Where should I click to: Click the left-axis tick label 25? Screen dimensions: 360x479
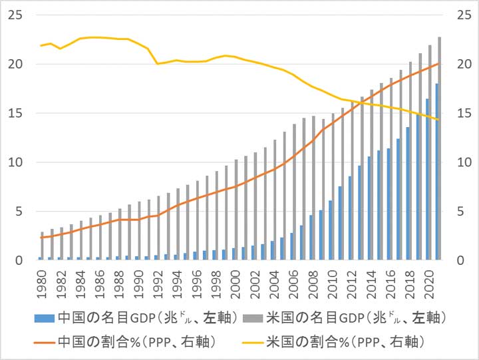pyautogui.click(x=15, y=15)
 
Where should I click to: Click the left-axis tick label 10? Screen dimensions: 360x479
pyautogui.click(x=15, y=162)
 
